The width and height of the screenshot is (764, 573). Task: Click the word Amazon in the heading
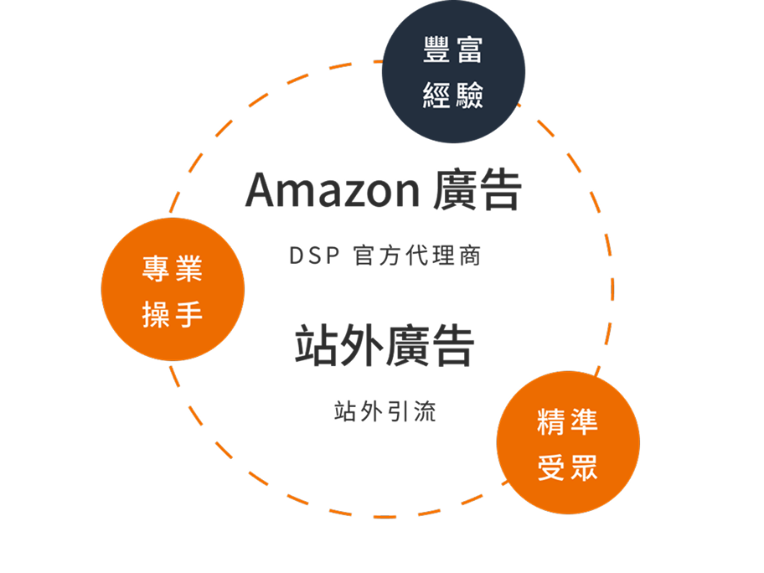332,191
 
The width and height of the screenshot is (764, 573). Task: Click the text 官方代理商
417,256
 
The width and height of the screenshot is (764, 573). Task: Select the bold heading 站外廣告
385,346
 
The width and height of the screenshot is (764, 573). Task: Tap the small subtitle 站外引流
385,411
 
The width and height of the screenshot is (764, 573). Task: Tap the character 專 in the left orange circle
156,270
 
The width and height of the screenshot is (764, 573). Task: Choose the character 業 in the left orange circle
189,270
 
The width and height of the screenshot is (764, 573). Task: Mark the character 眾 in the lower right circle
585,465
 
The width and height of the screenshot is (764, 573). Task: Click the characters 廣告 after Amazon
478,191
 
